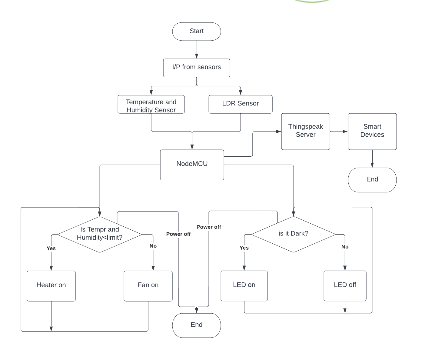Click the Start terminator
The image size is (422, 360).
196,31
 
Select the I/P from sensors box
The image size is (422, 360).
196,68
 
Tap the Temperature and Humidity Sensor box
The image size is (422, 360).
151,105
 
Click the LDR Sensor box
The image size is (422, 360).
240,104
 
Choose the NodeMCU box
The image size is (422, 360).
192,165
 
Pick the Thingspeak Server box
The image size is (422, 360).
305,131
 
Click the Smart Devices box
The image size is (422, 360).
372,131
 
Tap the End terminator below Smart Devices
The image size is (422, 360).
372,180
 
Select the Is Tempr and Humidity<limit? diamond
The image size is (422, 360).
99,234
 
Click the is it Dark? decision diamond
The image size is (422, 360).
293,234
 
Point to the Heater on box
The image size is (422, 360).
51,285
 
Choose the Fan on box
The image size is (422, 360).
148,285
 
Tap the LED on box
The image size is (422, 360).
244,285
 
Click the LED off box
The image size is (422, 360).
345,285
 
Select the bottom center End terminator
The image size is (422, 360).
196,325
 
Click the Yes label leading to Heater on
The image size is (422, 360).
51,248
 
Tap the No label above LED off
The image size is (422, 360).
345,247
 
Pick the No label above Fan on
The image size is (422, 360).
153,246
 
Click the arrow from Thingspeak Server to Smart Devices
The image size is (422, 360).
339,132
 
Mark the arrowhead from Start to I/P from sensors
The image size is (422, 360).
197,56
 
